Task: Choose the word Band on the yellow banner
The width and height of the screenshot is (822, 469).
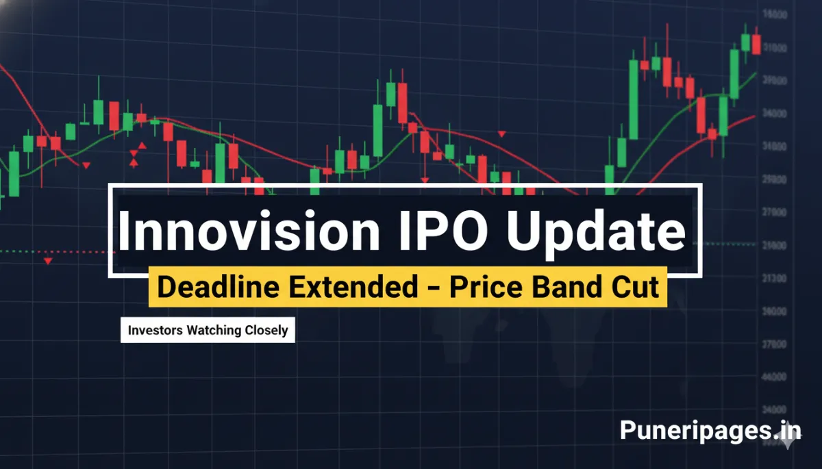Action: click(x=561, y=287)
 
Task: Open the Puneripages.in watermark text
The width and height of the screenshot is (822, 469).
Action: click(x=710, y=431)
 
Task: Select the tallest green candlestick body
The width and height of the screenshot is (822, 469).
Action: click(x=634, y=99)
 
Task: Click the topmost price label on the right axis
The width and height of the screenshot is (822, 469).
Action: click(x=774, y=14)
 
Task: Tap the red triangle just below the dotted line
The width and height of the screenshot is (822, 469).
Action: click(x=48, y=261)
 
